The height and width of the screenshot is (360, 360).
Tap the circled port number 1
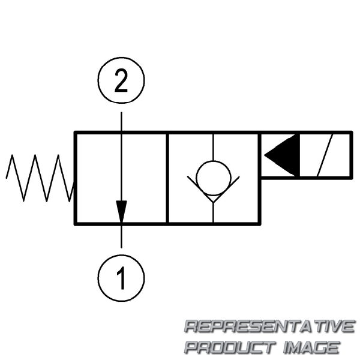(121, 277)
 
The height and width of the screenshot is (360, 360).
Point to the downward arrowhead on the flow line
(121, 211)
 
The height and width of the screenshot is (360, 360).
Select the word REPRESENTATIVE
(268, 327)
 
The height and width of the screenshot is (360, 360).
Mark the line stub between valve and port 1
(121, 236)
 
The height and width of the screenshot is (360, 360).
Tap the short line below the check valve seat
(213, 211)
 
